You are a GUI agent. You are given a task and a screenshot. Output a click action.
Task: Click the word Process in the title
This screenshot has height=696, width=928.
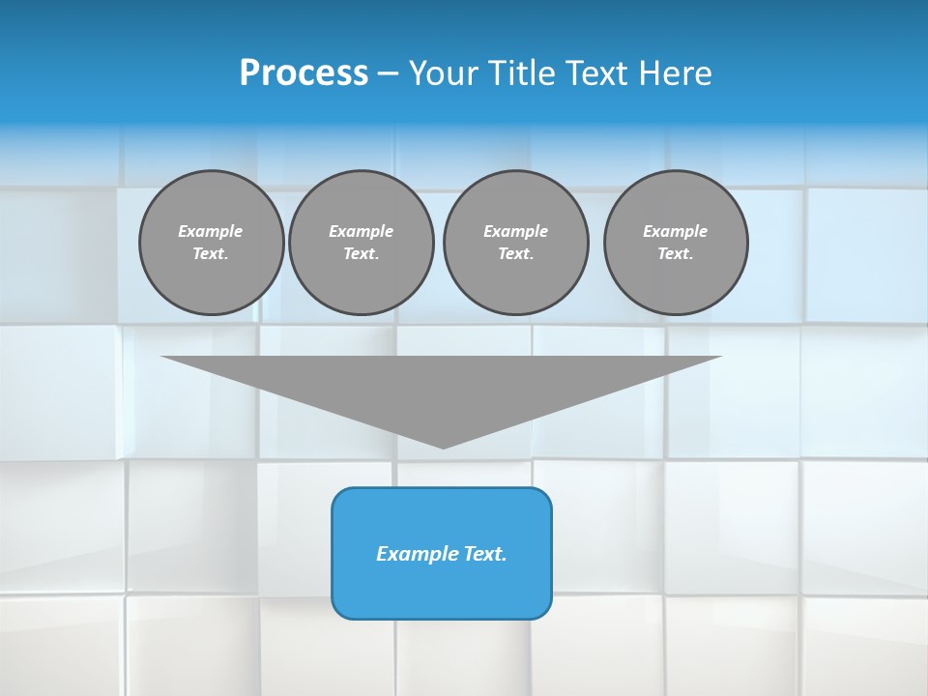[304, 73]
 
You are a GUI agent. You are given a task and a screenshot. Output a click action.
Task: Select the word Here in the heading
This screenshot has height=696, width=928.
[675, 73]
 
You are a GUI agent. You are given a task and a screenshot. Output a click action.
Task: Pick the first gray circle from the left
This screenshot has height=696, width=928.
[212, 243]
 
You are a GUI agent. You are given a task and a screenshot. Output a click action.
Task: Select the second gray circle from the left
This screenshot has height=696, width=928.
[362, 243]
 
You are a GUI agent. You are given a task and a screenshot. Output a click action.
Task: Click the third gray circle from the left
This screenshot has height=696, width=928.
[516, 243]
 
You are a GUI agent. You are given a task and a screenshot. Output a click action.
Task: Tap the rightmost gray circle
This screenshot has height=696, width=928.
[676, 243]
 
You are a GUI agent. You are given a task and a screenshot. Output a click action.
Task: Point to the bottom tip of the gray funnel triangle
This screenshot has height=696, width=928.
[444, 446]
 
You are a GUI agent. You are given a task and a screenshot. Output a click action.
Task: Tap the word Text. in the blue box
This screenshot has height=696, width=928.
[484, 554]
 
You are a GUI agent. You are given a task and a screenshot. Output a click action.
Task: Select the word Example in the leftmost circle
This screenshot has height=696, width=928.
[211, 231]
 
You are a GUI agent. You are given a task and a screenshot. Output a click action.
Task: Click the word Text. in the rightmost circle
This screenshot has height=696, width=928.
[676, 254]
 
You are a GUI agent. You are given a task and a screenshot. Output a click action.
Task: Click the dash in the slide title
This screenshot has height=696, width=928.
[388, 73]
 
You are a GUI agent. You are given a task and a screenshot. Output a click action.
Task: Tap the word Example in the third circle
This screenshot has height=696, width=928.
[516, 231]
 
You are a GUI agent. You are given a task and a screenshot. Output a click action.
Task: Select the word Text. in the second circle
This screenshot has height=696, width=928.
[362, 254]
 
